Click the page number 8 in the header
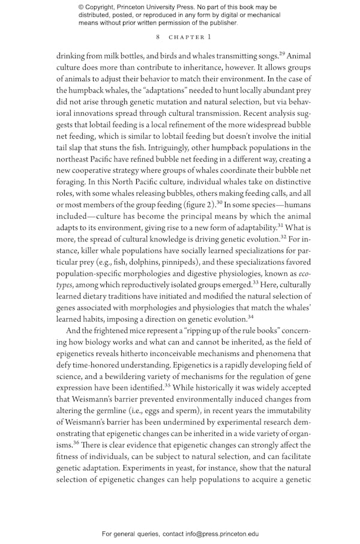pyautogui.click(x=158, y=37)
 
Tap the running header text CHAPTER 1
pyautogui.click(x=190, y=37)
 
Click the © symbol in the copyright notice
pyautogui.click(x=82, y=7)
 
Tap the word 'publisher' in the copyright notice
pyautogui.click(x=220, y=23)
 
